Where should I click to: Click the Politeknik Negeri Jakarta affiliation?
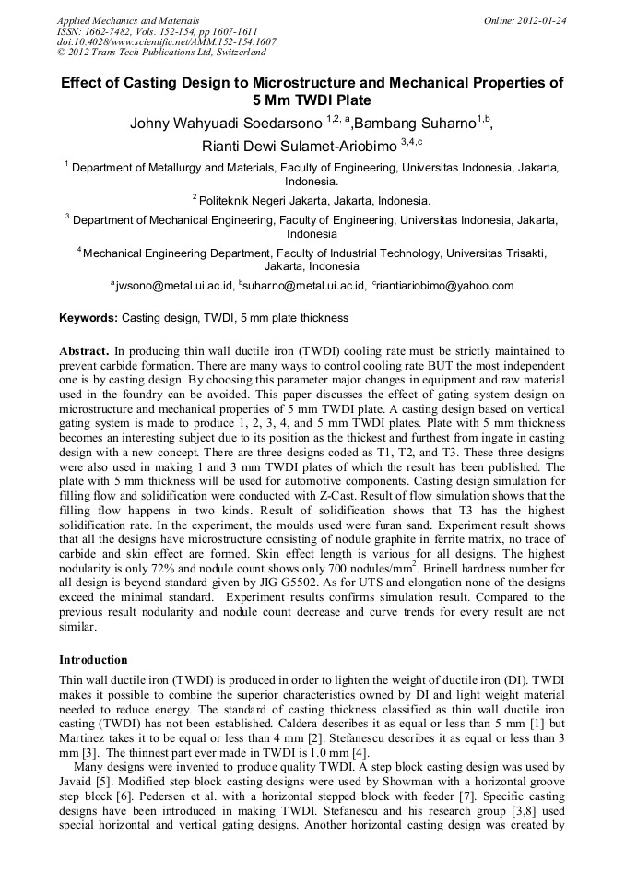pos(313,200)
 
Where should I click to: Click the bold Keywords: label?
pos(88,318)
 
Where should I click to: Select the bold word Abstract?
pos(85,351)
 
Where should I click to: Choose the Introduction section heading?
pos(93,660)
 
